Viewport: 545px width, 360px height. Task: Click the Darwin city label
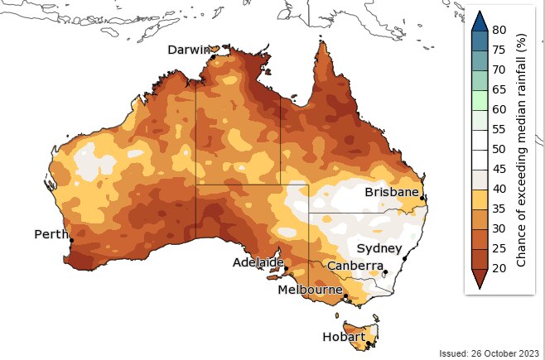coord(189,50)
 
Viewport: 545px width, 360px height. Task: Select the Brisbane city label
coord(392,191)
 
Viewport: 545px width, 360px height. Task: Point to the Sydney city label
coord(379,248)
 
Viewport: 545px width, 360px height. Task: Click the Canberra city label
coord(354,266)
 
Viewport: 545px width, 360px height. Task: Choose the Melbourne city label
coord(310,290)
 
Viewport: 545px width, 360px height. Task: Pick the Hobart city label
coord(344,337)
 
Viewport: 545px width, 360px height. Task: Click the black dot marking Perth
coord(71,240)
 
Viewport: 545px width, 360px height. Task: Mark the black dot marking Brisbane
coord(422,198)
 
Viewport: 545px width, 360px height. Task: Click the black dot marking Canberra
coord(385,271)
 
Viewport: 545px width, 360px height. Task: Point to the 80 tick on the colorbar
coord(499,30)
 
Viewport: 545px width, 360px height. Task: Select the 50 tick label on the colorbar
coord(499,149)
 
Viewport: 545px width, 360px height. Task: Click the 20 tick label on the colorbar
coord(499,268)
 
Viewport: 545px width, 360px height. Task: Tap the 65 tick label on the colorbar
coord(499,89)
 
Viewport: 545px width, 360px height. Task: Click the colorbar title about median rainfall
coord(522,156)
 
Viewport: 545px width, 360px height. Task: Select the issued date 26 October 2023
coord(489,353)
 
